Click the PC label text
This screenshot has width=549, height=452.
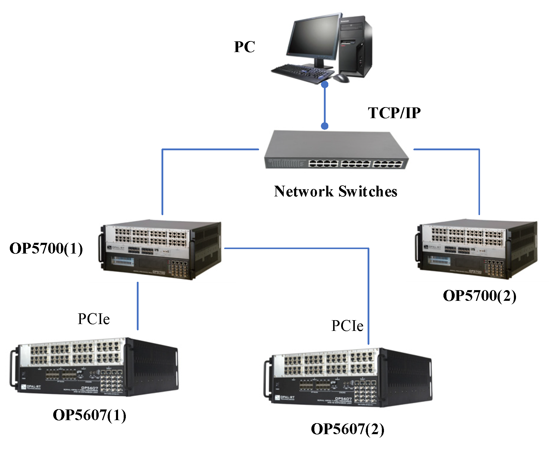point(244,47)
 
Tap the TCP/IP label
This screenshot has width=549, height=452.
point(394,113)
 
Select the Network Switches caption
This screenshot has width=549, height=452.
point(335,191)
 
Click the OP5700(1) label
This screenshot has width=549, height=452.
point(46,248)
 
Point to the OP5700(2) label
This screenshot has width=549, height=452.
point(479,296)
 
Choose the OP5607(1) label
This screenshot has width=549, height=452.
point(89,415)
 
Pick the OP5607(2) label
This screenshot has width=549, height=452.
point(347,429)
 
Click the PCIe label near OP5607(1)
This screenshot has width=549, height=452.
point(94,319)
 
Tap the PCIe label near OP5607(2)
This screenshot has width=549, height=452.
point(347,326)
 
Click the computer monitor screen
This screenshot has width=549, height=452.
point(314,37)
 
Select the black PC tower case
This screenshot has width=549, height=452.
point(355,45)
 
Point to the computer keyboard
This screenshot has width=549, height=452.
point(300,73)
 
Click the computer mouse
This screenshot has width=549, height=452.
point(341,79)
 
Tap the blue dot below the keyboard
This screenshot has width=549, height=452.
point(325,85)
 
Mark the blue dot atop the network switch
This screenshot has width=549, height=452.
point(325,126)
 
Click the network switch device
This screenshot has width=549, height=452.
point(336,150)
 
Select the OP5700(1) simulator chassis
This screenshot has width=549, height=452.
point(161,250)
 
